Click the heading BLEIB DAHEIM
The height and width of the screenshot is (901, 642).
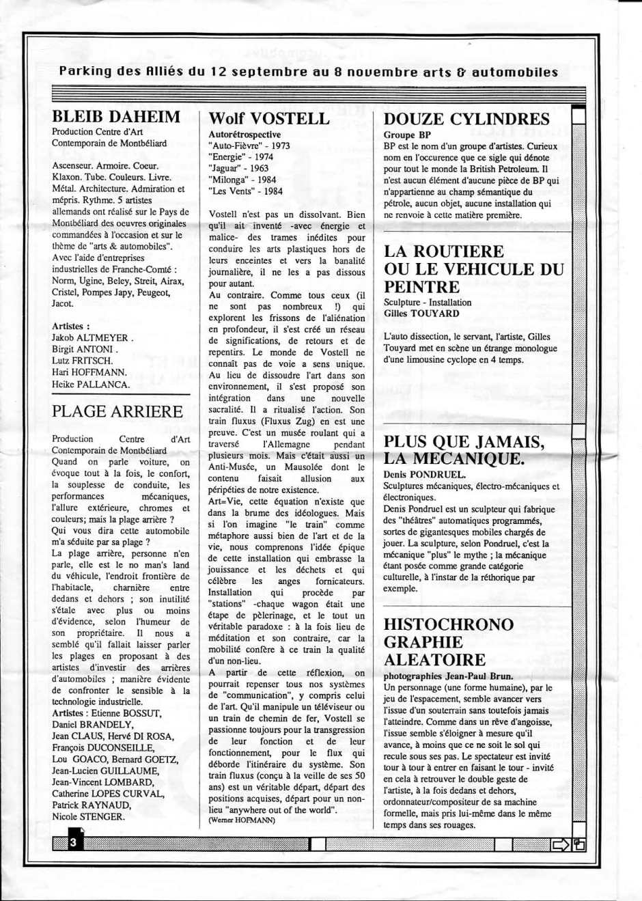click(x=116, y=117)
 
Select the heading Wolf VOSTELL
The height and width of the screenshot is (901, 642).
click(x=268, y=118)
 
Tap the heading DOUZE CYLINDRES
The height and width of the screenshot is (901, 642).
click(x=466, y=119)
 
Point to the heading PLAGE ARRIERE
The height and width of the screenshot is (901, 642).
click(x=117, y=411)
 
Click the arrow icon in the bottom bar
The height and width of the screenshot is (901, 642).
click(x=561, y=844)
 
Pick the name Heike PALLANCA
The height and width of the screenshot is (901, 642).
click(x=90, y=384)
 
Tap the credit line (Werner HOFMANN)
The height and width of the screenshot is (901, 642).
click(x=242, y=820)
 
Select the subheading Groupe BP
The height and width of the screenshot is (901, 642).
click(x=407, y=135)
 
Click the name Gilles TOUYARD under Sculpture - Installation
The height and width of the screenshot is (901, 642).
click(x=421, y=314)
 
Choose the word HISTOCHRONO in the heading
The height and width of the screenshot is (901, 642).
click(x=449, y=624)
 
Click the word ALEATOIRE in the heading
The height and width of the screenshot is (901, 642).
click(x=434, y=660)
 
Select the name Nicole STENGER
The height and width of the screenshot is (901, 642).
click(x=88, y=816)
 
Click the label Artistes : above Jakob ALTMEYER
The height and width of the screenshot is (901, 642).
click(x=71, y=326)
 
